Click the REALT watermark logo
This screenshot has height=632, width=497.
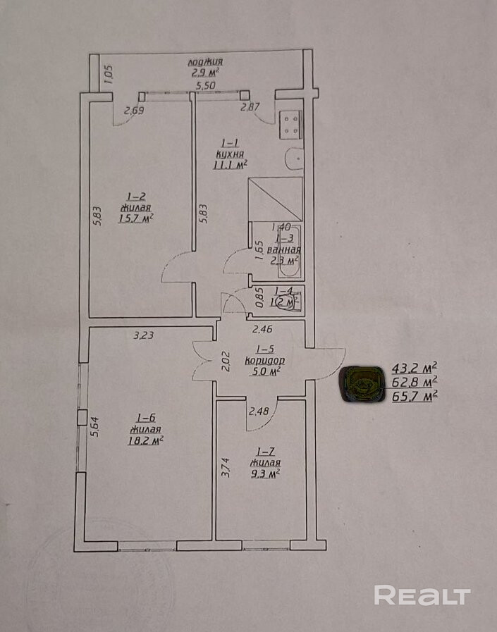422,595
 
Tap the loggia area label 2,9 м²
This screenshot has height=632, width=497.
205,72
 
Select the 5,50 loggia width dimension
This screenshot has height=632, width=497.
205,86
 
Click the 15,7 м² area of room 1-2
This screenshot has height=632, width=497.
137,219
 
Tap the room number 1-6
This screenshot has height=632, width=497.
147,417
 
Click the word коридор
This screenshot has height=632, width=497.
264,359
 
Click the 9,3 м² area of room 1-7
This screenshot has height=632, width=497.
265,474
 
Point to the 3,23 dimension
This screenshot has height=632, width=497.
145,335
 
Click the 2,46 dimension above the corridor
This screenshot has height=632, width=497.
262,328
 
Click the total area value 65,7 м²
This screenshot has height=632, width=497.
415,396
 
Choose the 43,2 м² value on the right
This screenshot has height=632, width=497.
415,367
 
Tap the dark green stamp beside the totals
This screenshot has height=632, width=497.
363,385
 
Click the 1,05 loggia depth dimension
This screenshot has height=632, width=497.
108,74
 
